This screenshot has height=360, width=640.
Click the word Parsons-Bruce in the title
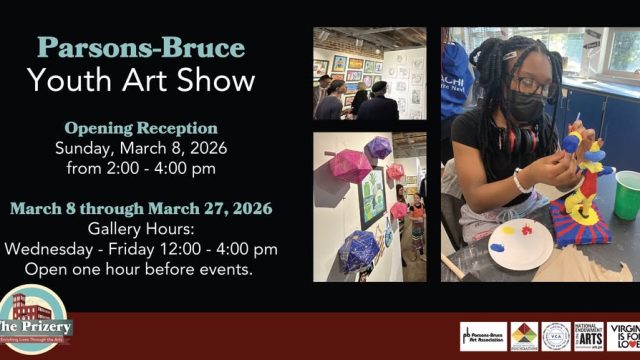click(142, 46)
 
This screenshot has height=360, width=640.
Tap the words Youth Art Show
click(142, 79)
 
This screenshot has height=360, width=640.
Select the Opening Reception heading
click(141, 128)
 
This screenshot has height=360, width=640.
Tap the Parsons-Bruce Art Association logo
click(483, 336)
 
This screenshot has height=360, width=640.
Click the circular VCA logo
click(555, 336)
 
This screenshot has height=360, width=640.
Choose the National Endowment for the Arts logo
click(588, 336)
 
